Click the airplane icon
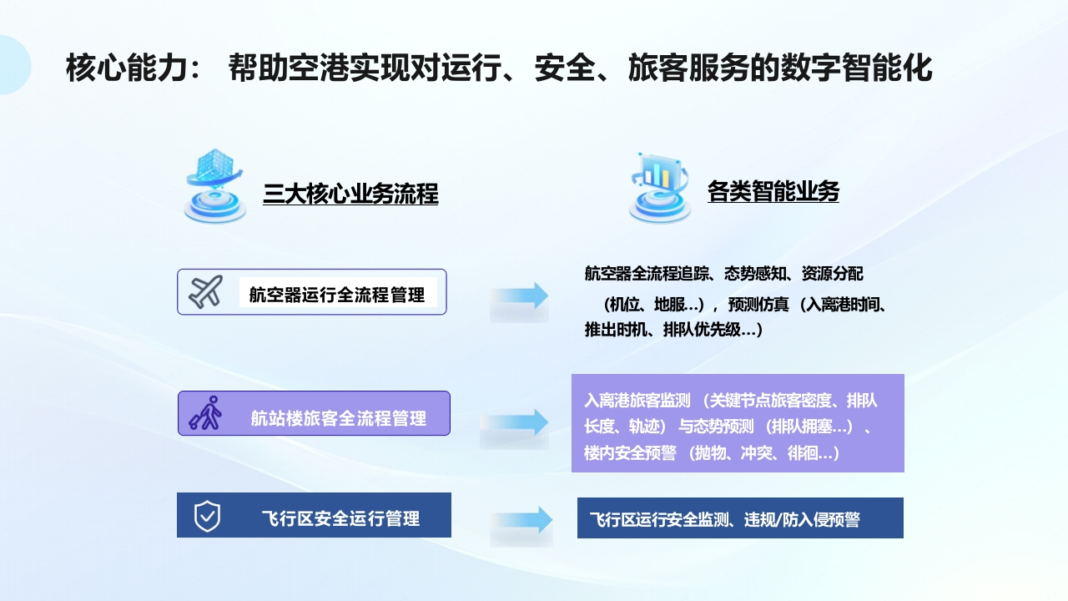205,291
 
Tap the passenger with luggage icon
205,413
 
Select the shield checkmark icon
208,516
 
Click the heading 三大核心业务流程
350,194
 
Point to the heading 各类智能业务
773,191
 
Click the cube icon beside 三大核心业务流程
214,186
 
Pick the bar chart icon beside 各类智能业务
659,188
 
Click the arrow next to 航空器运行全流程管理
520,295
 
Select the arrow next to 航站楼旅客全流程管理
515,422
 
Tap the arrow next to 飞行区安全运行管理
521,519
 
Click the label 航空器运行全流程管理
336,295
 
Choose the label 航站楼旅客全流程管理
339,418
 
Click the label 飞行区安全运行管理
341,518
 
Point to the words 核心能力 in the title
126,68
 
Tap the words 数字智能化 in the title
857,68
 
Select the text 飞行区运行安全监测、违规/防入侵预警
725,519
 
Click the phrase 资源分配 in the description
833,274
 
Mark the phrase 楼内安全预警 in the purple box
630,452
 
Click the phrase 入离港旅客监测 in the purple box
637,400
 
